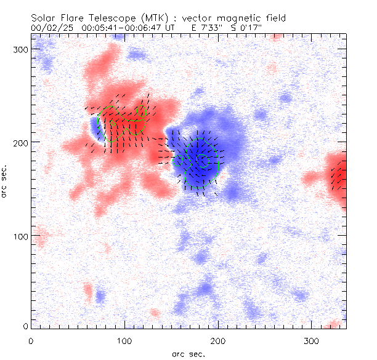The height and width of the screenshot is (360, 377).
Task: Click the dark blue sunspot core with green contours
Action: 201,158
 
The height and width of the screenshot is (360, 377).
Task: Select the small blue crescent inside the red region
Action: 95,126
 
